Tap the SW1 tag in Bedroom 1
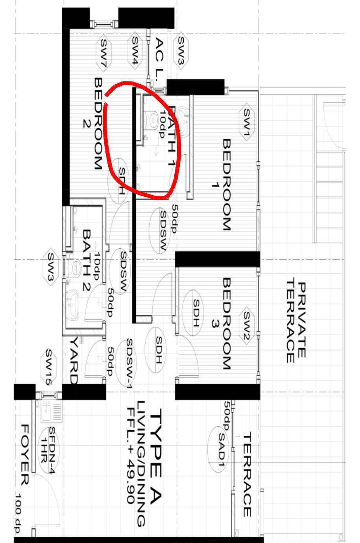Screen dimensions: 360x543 click(246, 122)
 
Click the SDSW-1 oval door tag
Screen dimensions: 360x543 click(126, 363)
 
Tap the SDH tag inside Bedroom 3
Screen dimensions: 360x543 click(193, 313)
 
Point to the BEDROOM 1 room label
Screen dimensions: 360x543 click(222, 185)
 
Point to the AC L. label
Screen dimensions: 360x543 click(159, 59)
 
